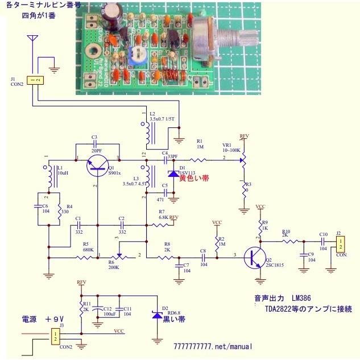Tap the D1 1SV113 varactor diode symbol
(x=172, y=173)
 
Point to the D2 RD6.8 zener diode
(x=156, y=315)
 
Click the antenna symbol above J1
(x=33, y=42)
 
